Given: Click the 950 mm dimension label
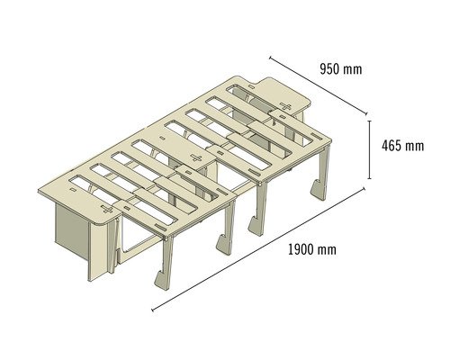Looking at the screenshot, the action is (341, 69).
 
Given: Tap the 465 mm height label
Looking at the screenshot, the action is (402, 146).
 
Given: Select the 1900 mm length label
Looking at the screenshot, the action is (312, 249).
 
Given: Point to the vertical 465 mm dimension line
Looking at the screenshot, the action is (369, 149).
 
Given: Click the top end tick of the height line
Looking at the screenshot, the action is (369, 121).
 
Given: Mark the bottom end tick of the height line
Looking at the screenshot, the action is (369, 178).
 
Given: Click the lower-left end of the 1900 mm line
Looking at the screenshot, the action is (153, 310).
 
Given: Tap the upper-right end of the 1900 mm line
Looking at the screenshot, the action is (364, 188).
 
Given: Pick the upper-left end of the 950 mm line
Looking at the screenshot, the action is (270, 57).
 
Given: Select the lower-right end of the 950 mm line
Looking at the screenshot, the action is (366, 113).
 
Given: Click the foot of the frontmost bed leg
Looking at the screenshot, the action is (162, 281).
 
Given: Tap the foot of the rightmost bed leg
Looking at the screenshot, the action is (318, 190).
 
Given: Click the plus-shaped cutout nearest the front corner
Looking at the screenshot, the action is (107, 209).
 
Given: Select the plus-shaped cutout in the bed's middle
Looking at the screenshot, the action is (196, 157).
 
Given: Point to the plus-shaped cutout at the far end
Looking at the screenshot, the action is (285, 106).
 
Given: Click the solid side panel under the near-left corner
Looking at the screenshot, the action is (72, 229).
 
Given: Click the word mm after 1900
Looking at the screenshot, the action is (327, 251).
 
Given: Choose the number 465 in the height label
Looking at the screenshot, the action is (391, 146).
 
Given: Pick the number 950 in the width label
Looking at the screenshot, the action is (329, 69).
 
